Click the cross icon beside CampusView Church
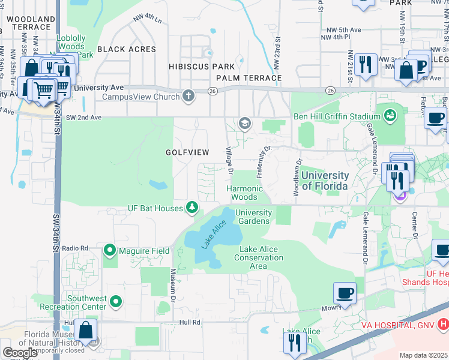point(188,96)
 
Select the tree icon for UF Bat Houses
point(192,208)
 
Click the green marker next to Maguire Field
point(110,250)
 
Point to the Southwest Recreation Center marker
point(116,301)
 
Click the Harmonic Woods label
point(244,193)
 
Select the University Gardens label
point(253,217)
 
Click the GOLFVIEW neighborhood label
point(187,153)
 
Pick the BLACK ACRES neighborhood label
point(126,49)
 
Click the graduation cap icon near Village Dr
point(244,124)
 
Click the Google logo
point(20,353)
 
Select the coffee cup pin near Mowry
point(345,294)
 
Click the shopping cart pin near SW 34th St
point(43,91)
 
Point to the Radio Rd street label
point(75,248)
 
